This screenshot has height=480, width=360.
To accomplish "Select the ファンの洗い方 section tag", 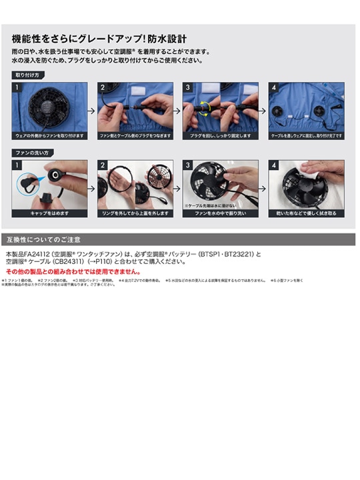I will [31, 153].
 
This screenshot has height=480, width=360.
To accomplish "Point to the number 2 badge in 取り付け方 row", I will [103, 87].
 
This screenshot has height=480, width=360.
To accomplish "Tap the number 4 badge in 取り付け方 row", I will [273, 87].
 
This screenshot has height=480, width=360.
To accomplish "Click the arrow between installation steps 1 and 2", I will [93, 110].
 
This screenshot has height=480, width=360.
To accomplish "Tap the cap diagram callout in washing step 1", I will [29, 181].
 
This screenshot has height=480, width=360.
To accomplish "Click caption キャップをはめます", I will [50, 213].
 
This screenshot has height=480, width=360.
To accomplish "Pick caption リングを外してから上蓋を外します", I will [135, 213].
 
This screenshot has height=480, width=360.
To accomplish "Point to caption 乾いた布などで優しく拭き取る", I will [306, 213].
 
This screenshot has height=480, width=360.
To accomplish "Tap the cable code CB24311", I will [66, 262].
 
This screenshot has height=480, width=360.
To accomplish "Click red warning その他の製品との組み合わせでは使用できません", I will [73, 272].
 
